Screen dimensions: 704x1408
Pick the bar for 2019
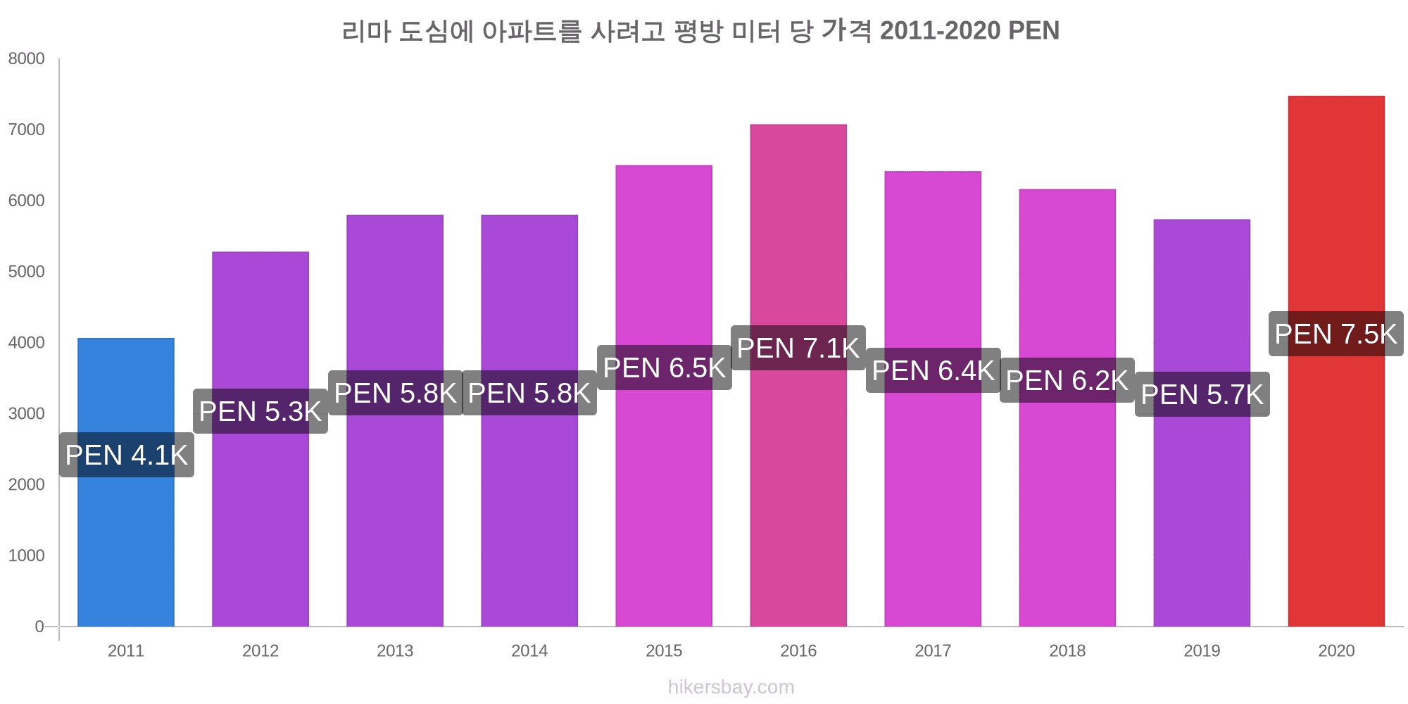pos(1202,507)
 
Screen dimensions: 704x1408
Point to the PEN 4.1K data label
pos(127,455)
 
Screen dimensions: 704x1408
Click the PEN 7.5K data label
pos(1335,334)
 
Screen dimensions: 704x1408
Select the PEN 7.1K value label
pos(798,348)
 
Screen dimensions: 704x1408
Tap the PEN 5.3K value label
pos(260,411)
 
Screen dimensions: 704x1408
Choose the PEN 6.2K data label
pos(1067,380)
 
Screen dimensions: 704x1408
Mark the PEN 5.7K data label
pos(1202,394)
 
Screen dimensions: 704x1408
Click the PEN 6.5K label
pos(664,367)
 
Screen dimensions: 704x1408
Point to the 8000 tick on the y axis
pos(27,58)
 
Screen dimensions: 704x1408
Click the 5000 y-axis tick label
pos(27,272)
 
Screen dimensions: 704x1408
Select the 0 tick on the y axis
pos(39,627)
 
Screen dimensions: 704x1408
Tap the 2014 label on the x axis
pos(529,650)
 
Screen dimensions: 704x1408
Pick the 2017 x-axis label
pos(933,650)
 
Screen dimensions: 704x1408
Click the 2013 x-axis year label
pos(395,650)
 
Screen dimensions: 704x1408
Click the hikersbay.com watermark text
pos(731,687)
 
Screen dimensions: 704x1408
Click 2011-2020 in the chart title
pos(940,31)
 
